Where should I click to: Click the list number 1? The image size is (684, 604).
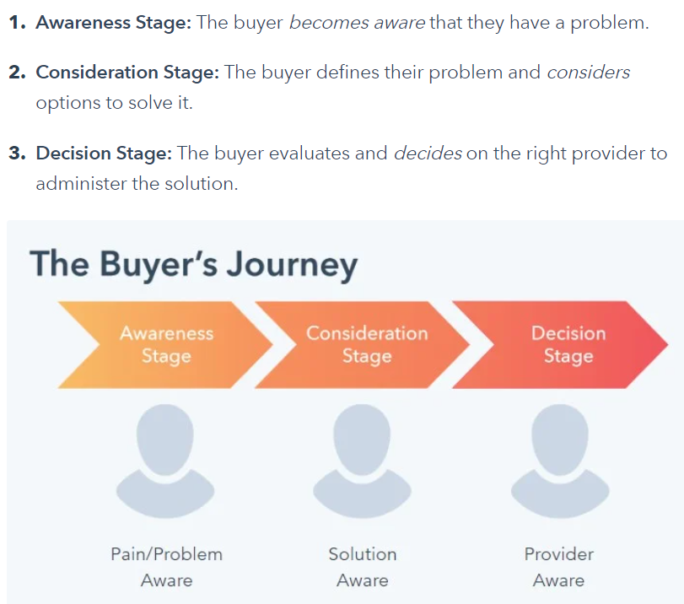pos(17,23)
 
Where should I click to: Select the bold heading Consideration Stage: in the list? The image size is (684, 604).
pos(127,73)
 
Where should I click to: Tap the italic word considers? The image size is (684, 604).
pos(588,73)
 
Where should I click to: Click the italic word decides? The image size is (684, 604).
pos(428,154)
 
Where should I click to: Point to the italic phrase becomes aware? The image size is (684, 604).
pos(357,23)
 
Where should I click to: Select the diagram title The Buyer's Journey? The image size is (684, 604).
pos(194,264)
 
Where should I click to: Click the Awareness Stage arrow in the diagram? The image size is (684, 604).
pos(166,344)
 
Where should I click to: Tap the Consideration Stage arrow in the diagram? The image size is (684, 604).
pos(366,344)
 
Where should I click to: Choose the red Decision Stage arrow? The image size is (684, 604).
pos(568,344)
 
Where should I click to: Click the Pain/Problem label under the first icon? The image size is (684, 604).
pos(166,554)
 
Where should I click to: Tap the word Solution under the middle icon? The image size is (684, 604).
pos(363,554)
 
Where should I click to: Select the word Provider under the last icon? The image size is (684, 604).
pos(559,554)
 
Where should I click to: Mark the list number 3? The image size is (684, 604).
pos(17,154)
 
